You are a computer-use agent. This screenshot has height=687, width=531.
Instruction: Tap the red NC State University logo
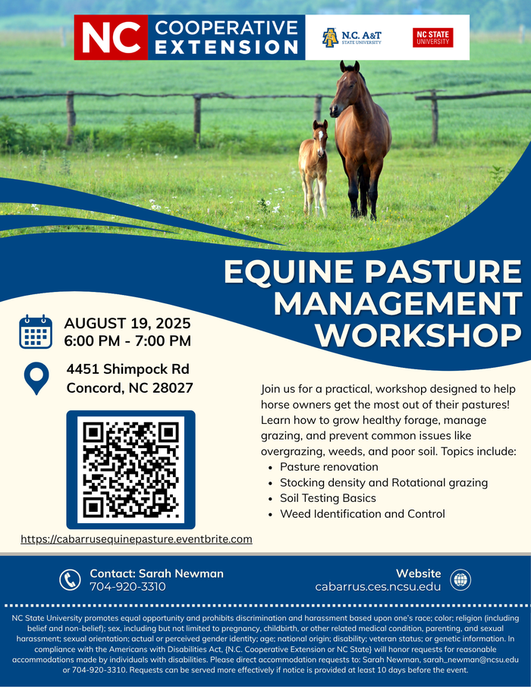(x=432, y=38)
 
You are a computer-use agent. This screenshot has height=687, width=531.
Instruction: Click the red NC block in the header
(x=110, y=37)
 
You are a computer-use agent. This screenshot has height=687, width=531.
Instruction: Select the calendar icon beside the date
(x=35, y=331)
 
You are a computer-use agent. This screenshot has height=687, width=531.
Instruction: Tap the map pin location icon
(x=36, y=378)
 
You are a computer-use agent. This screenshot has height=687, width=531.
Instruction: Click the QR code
(x=130, y=469)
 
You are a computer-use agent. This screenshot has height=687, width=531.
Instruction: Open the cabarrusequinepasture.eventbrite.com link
(x=137, y=539)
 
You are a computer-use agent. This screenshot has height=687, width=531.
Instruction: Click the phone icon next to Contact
(x=70, y=580)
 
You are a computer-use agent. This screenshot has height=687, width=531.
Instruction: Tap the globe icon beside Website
(x=460, y=580)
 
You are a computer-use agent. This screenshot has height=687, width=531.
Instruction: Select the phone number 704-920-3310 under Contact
(x=127, y=587)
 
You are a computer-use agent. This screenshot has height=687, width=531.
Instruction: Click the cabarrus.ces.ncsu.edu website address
(x=378, y=587)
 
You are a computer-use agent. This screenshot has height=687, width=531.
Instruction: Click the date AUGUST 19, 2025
(x=127, y=323)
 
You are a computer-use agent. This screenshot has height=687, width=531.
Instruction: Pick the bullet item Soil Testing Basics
(x=328, y=498)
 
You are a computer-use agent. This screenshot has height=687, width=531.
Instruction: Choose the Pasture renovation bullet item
(x=328, y=466)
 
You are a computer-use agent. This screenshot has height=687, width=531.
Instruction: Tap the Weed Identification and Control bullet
(x=362, y=514)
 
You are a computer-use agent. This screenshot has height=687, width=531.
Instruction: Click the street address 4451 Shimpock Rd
(x=127, y=370)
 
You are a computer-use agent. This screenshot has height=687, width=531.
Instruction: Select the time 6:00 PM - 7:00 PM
(x=127, y=341)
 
